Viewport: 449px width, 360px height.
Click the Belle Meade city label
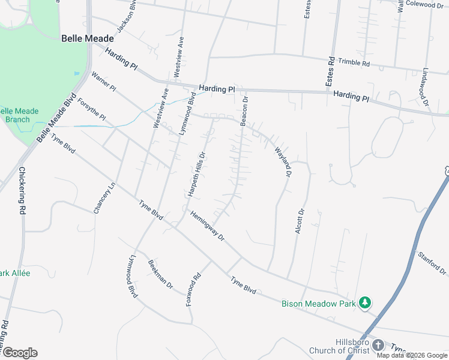(88, 38)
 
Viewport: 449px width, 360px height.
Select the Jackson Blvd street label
(125, 23)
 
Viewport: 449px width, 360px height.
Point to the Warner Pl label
(104, 82)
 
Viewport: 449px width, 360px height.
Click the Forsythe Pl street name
(92, 108)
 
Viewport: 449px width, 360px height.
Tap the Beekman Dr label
(160, 277)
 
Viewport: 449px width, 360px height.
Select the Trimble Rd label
(354, 62)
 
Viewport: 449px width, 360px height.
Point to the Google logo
(20, 353)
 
